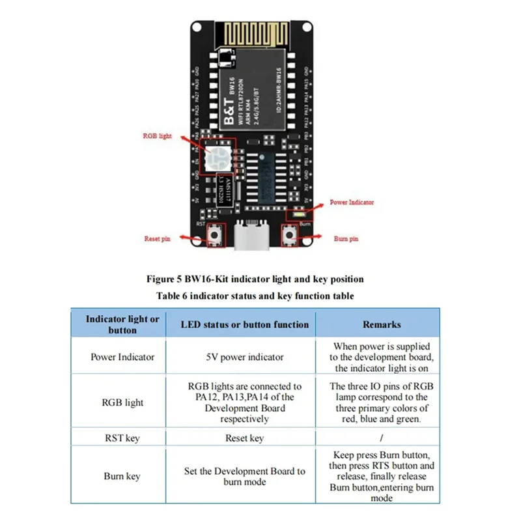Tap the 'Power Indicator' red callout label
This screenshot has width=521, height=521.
[x=352, y=203]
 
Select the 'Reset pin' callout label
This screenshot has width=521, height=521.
[x=157, y=239]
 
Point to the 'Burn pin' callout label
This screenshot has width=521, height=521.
[x=346, y=239]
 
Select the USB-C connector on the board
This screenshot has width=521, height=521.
[x=251, y=238]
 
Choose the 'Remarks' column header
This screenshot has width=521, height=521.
[x=382, y=324]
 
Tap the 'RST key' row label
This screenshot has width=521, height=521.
[x=122, y=438]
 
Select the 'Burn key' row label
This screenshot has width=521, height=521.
[x=122, y=476]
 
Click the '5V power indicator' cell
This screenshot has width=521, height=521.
[x=245, y=357]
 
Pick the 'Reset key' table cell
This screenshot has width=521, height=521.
[x=244, y=438]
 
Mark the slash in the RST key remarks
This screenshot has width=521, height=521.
[x=382, y=438]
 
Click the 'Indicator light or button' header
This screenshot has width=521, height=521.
[x=122, y=324]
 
